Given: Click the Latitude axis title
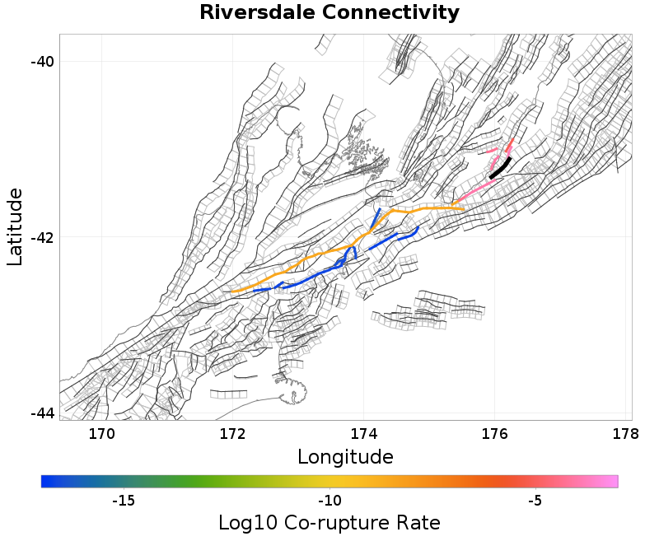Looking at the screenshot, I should coord(15,226).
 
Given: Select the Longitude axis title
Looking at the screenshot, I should coord(345,456).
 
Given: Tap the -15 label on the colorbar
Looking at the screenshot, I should coord(123,501).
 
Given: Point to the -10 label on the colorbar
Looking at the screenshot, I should coord(329,501).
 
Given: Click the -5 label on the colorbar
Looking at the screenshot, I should coord(535,501).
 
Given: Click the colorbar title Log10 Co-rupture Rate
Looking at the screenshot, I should coord(329,523).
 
